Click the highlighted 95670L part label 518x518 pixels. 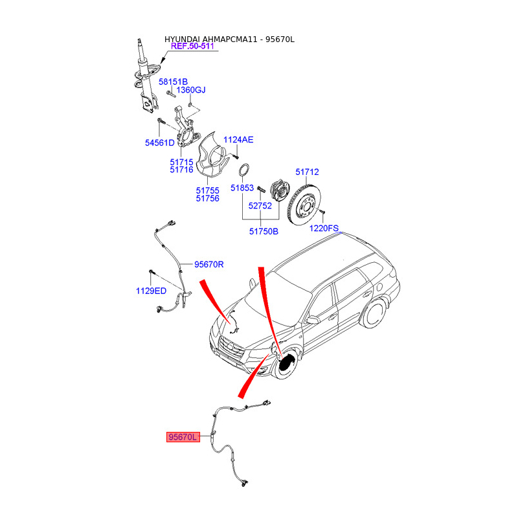click(x=182, y=438)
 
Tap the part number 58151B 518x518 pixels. click(x=173, y=82)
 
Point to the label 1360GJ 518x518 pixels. click(x=191, y=89)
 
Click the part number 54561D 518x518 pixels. click(x=159, y=142)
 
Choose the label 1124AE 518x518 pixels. click(x=239, y=140)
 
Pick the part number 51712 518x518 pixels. click(x=307, y=172)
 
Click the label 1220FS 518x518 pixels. click(x=324, y=229)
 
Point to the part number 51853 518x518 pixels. click(x=243, y=188)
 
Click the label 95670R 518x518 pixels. click(x=208, y=264)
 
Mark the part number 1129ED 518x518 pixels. click(x=151, y=291)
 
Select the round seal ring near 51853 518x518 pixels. click(x=245, y=171)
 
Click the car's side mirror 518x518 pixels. click(x=313, y=320)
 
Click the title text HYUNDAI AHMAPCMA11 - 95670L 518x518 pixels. click(x=229, y=39)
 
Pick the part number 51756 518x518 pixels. click(x=207, y=198)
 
